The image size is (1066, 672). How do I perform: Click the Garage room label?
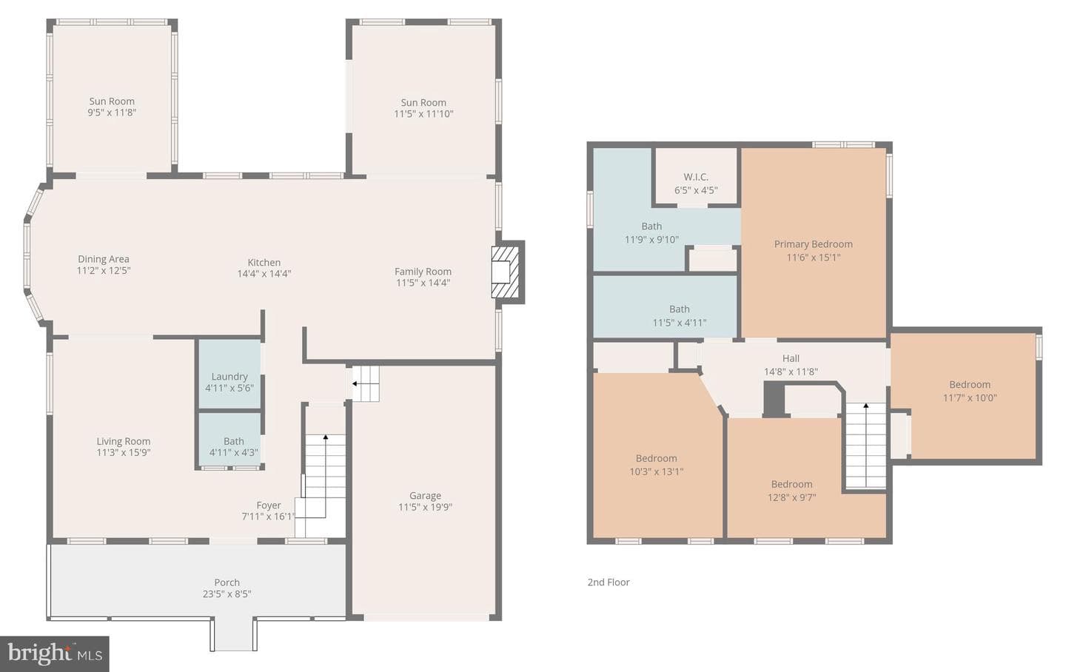coord(425,495)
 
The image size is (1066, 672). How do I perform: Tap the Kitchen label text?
coord(264,262)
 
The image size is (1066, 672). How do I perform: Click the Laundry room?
coord(229,374)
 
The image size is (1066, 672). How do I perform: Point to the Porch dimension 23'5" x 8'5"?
coord(227,594)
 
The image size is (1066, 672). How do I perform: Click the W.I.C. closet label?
coord(696,177)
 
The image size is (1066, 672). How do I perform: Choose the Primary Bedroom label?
coord(813,244)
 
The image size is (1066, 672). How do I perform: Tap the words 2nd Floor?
coord(609,582)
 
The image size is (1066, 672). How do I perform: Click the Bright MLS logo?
coord(55,654)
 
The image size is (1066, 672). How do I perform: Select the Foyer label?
coord(269,505)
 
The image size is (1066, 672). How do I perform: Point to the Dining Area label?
coord(104,259)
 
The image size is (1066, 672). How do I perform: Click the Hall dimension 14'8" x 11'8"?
coord(791,372)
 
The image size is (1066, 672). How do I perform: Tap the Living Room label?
coord(123,441)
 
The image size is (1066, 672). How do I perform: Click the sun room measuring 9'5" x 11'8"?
coord(112,98)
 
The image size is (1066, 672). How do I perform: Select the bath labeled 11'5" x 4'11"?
coord(665,307)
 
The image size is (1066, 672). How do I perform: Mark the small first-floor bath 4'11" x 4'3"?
coord(229,440)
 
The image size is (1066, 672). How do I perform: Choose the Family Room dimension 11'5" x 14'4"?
coord(423,283)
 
